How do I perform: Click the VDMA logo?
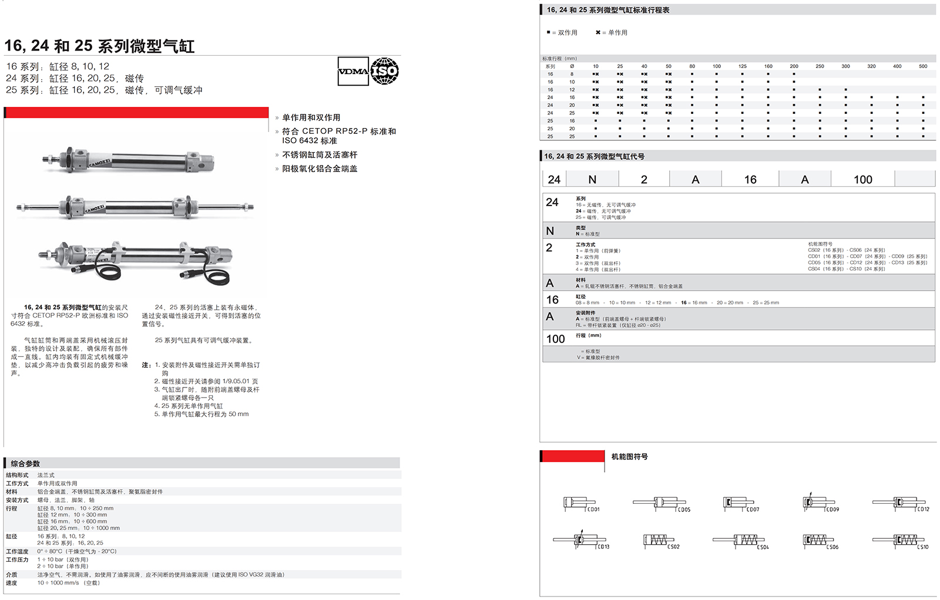[x=353, y=72]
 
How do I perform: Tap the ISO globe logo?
[x=385, y=72]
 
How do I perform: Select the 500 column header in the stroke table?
[x=923, y=66]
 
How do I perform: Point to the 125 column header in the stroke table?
[x=743, y=66]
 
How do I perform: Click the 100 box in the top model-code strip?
[x=862, y=180]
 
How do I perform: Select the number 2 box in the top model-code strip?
[x=644, y=180]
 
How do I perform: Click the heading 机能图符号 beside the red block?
[x=629, y=457]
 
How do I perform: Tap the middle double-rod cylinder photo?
[x=135, y=207]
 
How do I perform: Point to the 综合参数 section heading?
[x=25, y=464]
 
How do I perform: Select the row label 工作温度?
[x=17, y=552]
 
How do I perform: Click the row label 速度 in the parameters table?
[x=12, y=583]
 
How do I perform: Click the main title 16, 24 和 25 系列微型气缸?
[x=100, y=46]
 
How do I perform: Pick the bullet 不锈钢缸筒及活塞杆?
[x=320, y=155]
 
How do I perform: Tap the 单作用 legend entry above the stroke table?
[x=612, y=33]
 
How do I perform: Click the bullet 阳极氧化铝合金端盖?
[x=320, y=168]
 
